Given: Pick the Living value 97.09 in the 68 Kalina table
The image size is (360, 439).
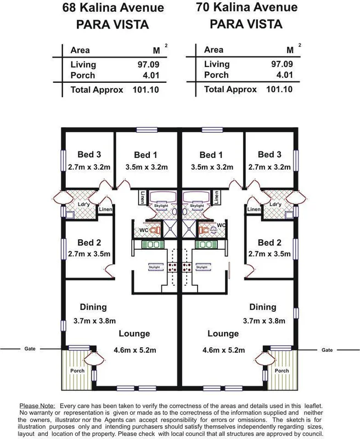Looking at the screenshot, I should point(148,65).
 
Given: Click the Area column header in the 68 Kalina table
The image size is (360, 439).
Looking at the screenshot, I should point(80,50).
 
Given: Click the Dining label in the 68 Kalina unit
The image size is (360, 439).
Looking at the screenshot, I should point(93,307).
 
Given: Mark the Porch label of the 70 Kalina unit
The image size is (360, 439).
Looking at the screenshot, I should point(282,370).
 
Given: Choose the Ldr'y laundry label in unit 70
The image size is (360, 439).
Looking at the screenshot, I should point(277,204).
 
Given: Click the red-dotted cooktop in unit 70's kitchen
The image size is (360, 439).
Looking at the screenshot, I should point(186,267).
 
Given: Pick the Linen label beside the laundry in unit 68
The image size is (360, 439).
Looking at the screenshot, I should point(105,210).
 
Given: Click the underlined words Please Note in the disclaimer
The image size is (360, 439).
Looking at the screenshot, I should point(37,404).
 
